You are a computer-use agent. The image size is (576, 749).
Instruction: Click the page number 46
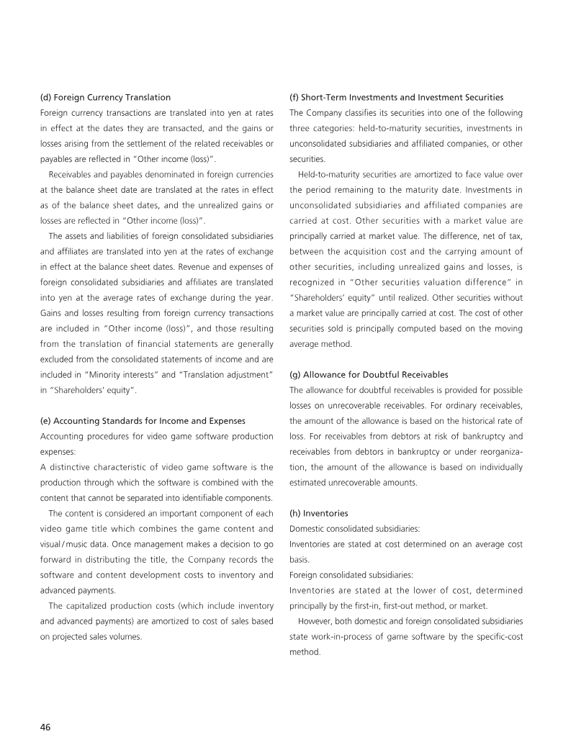coord(45,727)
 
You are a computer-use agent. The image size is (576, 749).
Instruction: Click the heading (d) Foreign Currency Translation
coord(105,96)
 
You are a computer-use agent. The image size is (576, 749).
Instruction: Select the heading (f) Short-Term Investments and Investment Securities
coord(396,96)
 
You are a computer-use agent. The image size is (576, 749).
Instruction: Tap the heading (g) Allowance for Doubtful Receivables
coord(369,375)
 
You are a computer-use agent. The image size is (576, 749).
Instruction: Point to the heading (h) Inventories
coord(318,514)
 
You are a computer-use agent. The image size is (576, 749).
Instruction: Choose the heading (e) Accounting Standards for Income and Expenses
coord(143,420)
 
